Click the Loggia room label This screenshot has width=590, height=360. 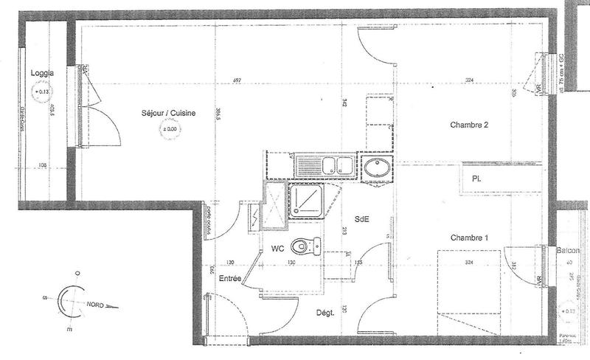[38, 73]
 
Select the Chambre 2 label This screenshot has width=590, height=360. [470, 125]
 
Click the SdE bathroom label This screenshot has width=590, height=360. [362, 219]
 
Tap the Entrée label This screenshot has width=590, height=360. [231, 279]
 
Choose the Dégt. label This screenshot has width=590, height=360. [325, 312]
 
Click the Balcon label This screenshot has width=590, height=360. [569, 251]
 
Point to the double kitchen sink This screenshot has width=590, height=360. [324, 165]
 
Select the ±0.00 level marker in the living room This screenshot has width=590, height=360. [170, 130]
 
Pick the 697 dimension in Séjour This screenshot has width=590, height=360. [237, 80]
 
